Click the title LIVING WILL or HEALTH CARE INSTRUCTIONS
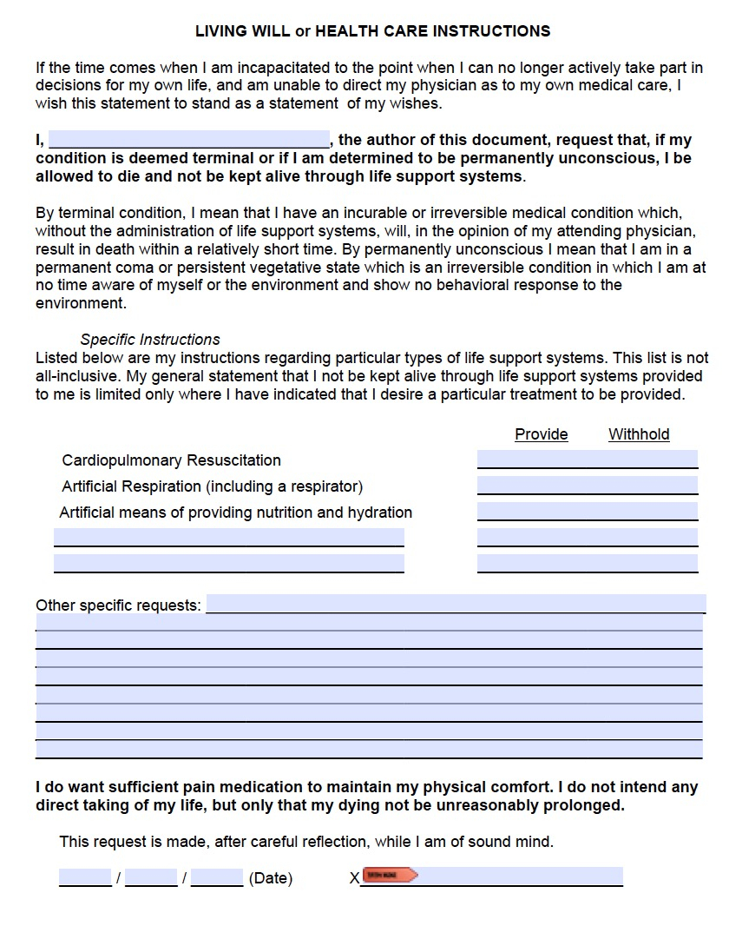click(372, 31)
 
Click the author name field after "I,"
click(189, 140)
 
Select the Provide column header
click(541, 434)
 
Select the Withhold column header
click(639, 434)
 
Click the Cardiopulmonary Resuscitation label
click(171, 460)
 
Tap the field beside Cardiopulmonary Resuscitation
click(587, 460)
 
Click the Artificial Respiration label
click(212, 486)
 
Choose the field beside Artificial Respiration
click(587, 486)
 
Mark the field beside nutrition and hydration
click(587, 512)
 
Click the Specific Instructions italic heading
click(150, 340)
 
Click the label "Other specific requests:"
click(118, 605)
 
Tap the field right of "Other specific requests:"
click(455, 604)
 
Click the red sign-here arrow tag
click(390, 875)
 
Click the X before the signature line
click(354, 879)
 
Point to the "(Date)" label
click(270, 878)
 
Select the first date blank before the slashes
click(85, 877)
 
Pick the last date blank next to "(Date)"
click(217, 877)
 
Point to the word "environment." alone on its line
click(81, 303)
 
